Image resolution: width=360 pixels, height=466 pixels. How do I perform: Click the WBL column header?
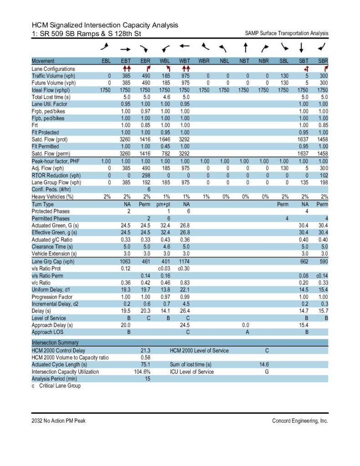point(165,61)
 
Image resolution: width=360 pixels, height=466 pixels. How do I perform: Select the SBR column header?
point(322,61)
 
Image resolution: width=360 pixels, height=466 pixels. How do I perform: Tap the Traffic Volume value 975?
point(184,76)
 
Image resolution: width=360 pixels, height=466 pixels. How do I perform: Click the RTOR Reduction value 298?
point(145,175)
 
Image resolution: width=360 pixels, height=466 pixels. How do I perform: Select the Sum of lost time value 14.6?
point(264,365)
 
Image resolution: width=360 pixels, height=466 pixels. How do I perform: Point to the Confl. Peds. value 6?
point(148,189)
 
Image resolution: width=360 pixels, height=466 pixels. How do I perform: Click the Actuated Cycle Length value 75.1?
point(145,365)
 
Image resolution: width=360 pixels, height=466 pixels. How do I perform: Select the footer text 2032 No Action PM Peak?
point(58,421)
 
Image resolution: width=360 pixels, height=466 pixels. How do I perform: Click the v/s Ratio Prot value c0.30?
point(183,268)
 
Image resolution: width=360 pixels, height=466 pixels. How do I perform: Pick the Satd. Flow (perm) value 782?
point(165,153)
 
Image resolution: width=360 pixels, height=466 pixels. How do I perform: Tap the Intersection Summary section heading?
point(55,342)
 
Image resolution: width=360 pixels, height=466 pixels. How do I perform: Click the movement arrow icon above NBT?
point(245,47)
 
